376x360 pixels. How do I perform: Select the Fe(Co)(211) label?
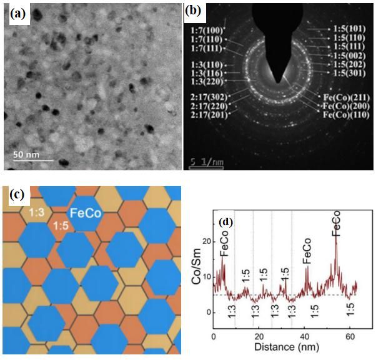345,98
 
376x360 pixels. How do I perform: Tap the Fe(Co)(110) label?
345,115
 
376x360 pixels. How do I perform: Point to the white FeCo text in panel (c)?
86,213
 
